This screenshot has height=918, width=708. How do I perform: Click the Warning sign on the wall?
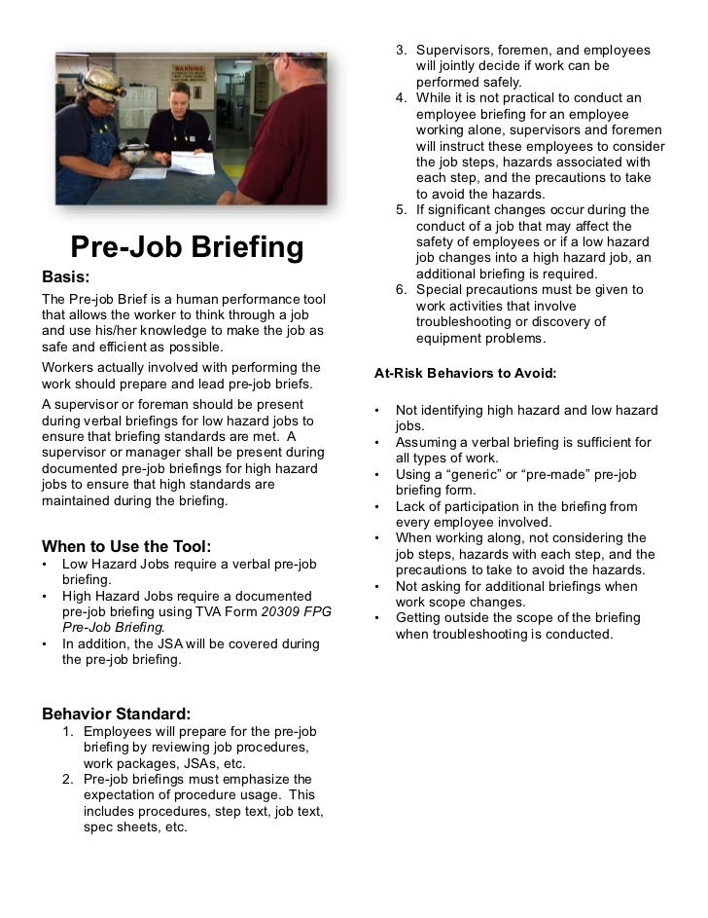[190, 72]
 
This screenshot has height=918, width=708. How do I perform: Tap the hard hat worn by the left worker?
[102, 83]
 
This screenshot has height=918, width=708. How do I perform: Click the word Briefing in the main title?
[242, 247]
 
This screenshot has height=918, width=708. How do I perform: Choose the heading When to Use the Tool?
[126, 546]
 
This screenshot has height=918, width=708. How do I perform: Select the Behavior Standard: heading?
[116, 714]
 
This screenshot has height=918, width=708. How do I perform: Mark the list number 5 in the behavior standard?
[401, 210]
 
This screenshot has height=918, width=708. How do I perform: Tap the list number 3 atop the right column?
[401, 50]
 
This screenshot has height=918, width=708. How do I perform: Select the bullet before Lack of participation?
[376, 506]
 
